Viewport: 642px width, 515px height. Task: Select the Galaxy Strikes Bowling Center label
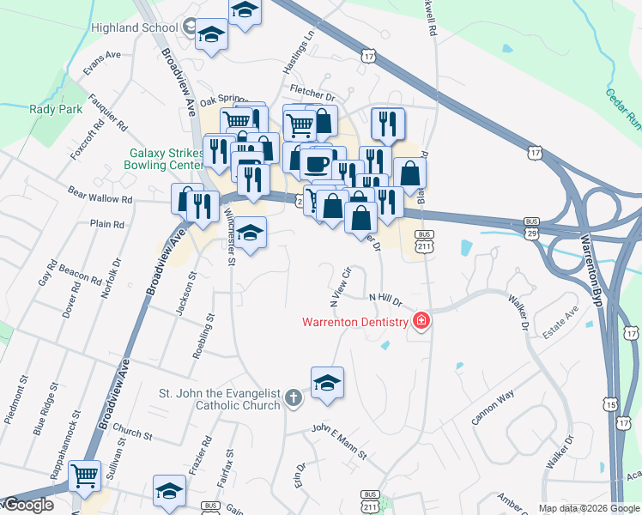pyautogui.click(x=164, y=158)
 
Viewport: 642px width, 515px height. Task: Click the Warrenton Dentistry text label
pyautogui.click(x=354, y=323)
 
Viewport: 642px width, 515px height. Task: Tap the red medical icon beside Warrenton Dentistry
pyautogui.click(x=421, y=322)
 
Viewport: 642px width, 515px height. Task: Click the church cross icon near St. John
pyautogui.click(x=294, y=398)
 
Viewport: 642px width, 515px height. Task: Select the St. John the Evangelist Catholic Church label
pyautogui.click(x=219, y=399)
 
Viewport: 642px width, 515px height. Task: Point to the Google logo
pyautogui.click(x=27, y=506)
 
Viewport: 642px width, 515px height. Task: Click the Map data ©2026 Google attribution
pyautogui.click(x=589, y=508)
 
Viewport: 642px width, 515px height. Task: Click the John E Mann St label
pyautogui.click(x=339, y=441)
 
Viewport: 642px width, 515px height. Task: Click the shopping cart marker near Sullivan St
pyautogui.click(x=84, y=475)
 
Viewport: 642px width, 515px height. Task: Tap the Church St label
pyautogui.click(x=131, y=433)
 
